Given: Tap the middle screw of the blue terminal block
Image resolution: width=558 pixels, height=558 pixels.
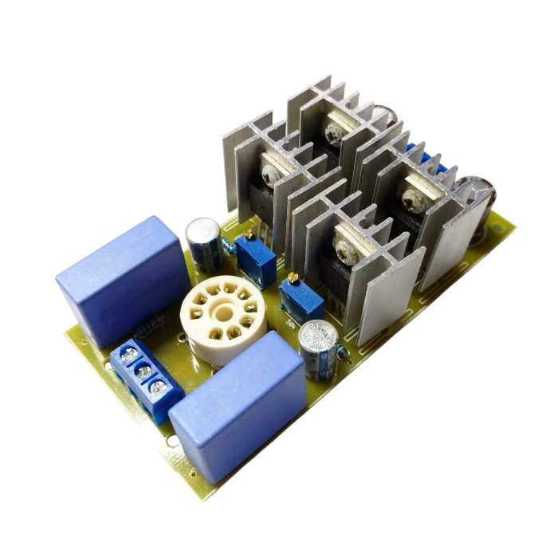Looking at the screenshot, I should pyautogui.click(x=143, y=371).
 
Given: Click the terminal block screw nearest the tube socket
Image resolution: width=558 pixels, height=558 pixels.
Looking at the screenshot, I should pyautogui.click(x=159, y=387).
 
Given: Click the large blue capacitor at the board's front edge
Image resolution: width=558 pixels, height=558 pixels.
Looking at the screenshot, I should pyautogui.click(x=237, y=403).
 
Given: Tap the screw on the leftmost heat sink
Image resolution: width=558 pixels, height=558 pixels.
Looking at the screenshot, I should pyautogui.click(x=271, y=173).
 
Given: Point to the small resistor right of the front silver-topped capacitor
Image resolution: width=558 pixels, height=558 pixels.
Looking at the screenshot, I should pyautogui.click(x=342, y=357).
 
